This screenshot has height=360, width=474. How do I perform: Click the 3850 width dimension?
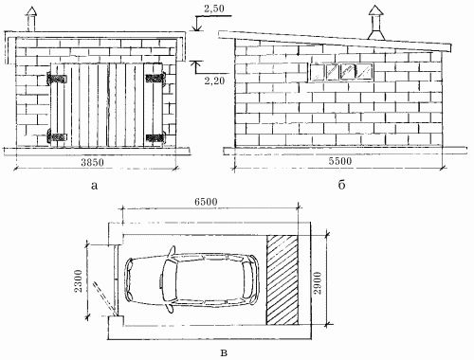(x=92, y=163)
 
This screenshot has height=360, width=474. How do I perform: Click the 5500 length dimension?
(x=339, y=161)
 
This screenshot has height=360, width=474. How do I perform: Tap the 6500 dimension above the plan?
(x=206, y=202)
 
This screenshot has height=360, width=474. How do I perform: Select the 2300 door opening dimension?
(x=79, y=280)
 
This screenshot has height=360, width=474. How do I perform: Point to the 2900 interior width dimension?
(x=318, y=282)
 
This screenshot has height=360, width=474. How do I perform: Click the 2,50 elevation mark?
(x=214, y=9)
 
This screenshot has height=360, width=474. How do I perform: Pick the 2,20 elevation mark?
(x=214, y=81)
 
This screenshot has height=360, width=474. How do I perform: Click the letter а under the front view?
(x=94, y=186)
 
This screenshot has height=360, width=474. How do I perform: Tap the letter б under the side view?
(x=341, y=185)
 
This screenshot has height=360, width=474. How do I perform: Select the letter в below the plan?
(x=224, y=353)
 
